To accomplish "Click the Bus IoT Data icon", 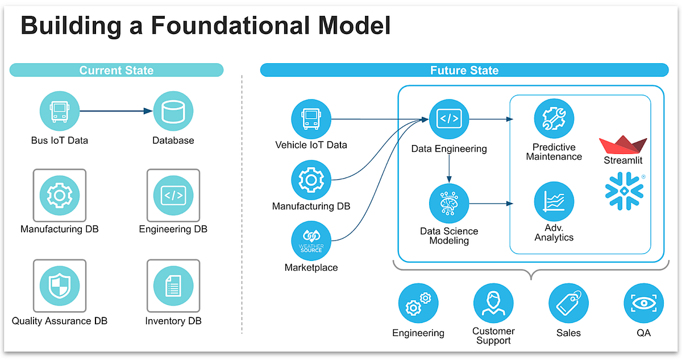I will tap(60, 112).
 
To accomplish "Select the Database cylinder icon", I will tap(173, 112).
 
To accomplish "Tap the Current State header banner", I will tap(117, 70).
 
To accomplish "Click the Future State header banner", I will tap(464, 70).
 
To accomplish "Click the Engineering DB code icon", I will tap(173, 195).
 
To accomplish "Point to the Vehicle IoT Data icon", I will tap(311, 119).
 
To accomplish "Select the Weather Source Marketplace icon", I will tap(311, 242).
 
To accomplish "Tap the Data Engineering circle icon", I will tap(449, 119).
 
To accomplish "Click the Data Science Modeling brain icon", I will tap(449, 203).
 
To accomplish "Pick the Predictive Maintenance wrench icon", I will tap(554, 119).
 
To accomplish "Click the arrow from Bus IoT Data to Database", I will tap(117, 112).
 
